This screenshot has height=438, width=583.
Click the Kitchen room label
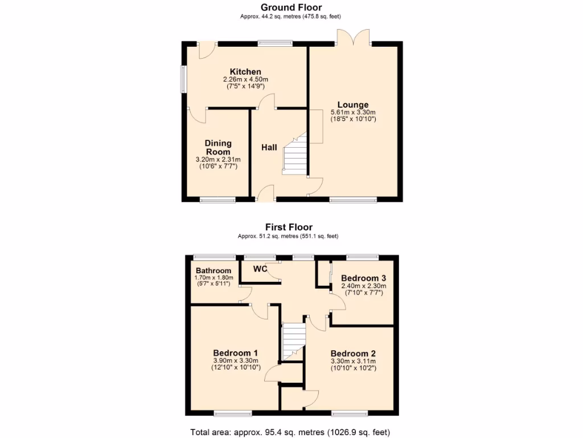pyautogui.click(x=245, y=72)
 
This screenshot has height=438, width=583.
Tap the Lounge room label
pyautogui.click(x=352, y=104)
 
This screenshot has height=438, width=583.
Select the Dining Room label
pyautogui.click(x=218, y=148)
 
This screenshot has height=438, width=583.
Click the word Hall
pyautogui.click(x=269, y=148)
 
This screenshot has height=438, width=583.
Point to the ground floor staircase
pyautogui.click(x=294, y=155)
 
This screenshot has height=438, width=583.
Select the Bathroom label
pyautogui.click(x=214, y=270)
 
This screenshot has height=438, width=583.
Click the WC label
pyautogui.click(x=260, y=269)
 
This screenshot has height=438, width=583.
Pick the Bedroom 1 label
pyautogui.click(x=235, y=352)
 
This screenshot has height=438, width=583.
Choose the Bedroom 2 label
pyautogui.click(x=353, y=353)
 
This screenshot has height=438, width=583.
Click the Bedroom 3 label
pyautogui.click(x=363, y=278)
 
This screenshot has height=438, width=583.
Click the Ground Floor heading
pyautogui.click(x=291, y=7)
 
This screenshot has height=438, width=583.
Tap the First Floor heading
pyautogui.click(x=291, y=227)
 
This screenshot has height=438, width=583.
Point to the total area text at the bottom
pyautogui.click(x=291, y=432)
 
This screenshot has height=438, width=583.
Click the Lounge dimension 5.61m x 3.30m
pyautogui.click(x=353, y=112)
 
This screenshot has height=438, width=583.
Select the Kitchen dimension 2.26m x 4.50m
pyautogui.click(x=245, y=79)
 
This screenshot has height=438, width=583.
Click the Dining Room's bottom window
pyautogui.click(x=217, y=200)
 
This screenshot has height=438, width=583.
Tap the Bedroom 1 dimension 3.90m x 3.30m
pyautogui.click(x=235, y=360)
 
